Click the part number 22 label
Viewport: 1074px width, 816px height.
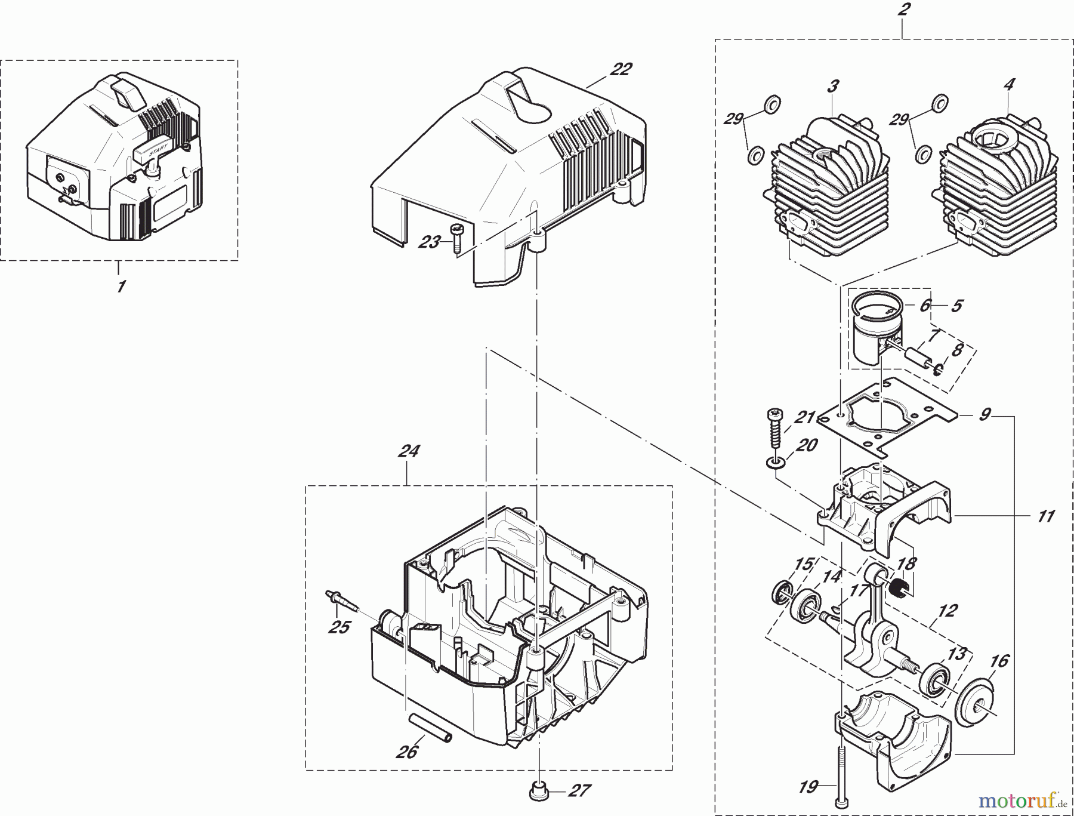(621, 70)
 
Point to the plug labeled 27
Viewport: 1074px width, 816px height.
(538, 791)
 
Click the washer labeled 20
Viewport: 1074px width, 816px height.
(774, 463)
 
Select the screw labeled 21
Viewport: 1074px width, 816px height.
(776, 430)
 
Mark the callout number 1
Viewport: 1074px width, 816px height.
(121, 287)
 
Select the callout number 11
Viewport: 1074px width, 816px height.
(1045, 516)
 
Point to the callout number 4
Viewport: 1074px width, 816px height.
(1008, 85)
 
